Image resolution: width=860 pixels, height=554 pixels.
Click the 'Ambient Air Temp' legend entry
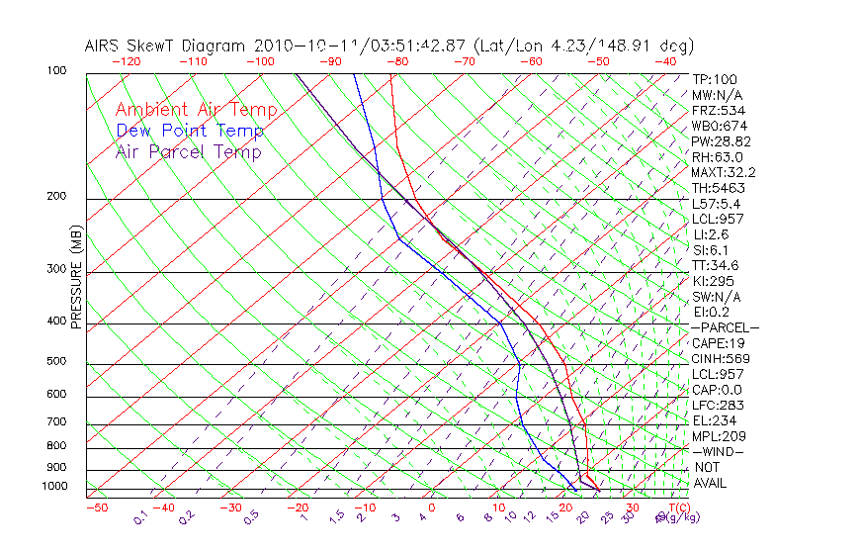(x=196, y=110)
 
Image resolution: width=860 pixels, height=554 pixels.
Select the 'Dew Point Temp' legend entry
(x=189, y=131)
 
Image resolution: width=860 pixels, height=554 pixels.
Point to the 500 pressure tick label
(x=57, y=362)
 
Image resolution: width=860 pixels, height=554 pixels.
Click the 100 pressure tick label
(x=57, y=71)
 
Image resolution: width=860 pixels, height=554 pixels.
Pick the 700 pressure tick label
(x=57, y=423)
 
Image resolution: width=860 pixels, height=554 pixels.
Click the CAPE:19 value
(x=716, y=343)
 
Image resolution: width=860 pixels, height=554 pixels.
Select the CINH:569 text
(x=719, y=358)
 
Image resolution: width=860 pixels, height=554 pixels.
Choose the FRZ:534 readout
(x=718, y=111)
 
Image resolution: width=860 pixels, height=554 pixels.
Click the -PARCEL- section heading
(x=725, y=327)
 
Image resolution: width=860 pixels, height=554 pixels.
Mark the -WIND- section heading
(x=718, y=451)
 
